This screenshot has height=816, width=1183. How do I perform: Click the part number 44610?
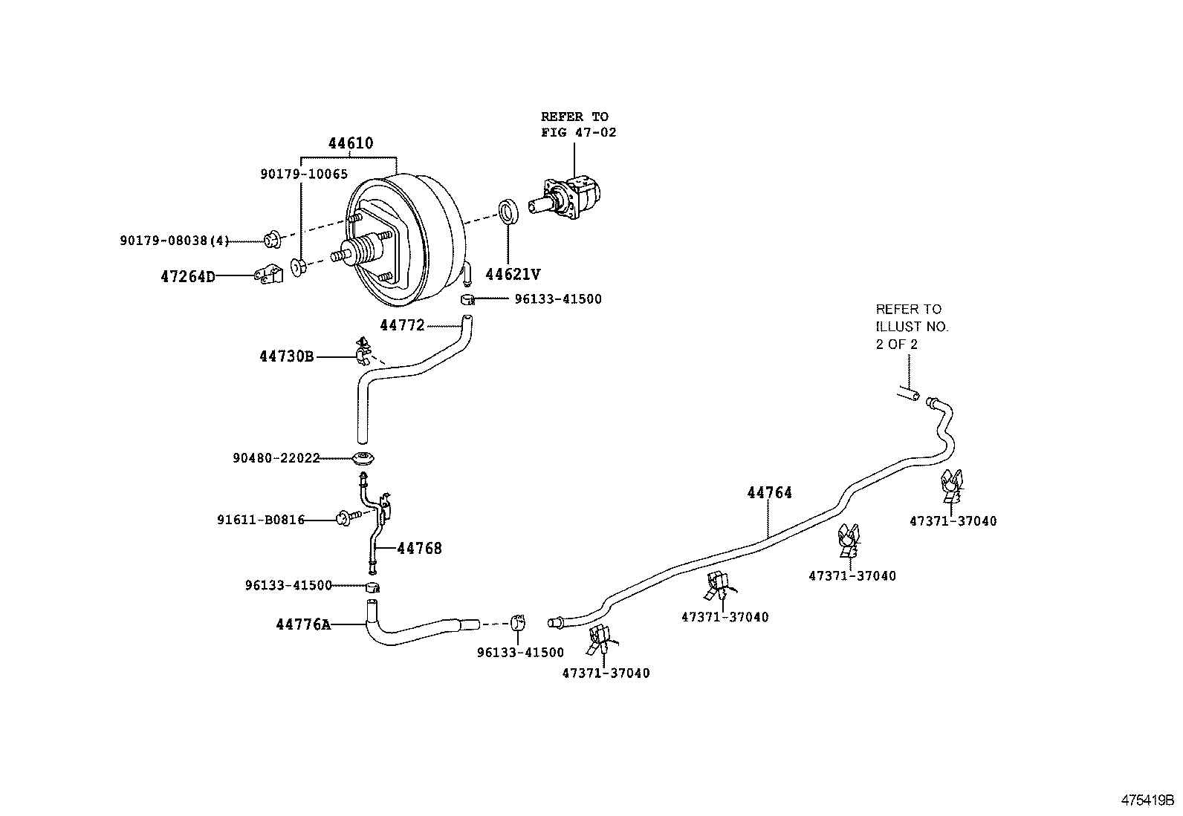point(351,143)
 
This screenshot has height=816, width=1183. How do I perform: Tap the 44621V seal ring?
point(508,211)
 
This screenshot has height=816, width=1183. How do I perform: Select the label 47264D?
point(187,277)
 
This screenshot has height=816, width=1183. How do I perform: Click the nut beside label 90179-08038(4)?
point(271,240)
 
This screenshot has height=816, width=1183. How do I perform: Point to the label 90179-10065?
point(304,174)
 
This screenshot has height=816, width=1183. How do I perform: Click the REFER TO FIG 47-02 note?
point(577,124)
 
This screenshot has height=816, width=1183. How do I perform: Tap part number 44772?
point(401,325)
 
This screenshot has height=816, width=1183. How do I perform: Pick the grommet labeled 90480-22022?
point(363,458)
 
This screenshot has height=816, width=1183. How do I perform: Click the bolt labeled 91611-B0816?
point(348,515)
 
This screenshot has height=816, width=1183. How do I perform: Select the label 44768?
point(419,549)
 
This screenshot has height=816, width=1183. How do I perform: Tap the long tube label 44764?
point(769,492)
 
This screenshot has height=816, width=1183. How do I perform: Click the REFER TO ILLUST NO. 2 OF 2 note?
point(911,326)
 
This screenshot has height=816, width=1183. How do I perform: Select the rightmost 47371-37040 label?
point(953,521)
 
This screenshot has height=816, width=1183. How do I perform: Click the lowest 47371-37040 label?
point(606,673)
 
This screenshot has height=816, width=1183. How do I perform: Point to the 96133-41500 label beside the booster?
point(557,299)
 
